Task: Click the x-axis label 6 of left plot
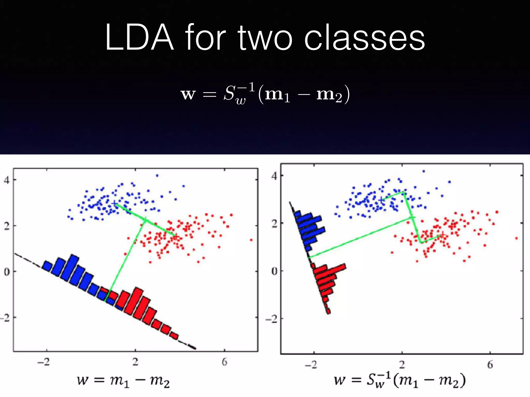click(x=224, y=362)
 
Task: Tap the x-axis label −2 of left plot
click(x=43, y=362)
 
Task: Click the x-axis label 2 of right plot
click(x=402, y=365)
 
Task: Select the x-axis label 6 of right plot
click(x=490, y=365)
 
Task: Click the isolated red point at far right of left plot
click(x=251, y=240)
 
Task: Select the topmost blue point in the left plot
click(x=157, y=176)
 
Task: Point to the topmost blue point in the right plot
click(x=424, y=171)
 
